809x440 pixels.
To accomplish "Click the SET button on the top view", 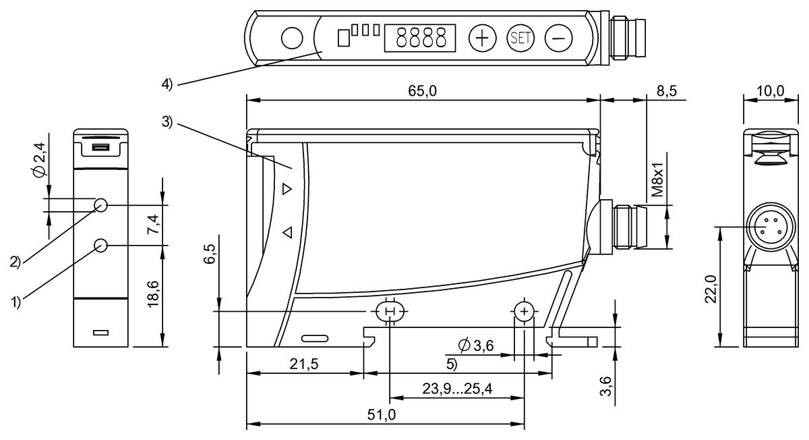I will [520, 38].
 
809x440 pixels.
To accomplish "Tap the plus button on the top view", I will [481, 38].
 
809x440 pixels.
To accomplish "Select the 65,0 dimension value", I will [423, 92].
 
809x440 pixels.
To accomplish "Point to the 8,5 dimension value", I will [666, 92].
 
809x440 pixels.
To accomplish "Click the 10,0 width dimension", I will [770, 92].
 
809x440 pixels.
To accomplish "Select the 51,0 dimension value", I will [382, 415].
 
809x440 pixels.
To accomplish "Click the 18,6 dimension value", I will [154, 296].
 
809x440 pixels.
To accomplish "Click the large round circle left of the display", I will [291, 38].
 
